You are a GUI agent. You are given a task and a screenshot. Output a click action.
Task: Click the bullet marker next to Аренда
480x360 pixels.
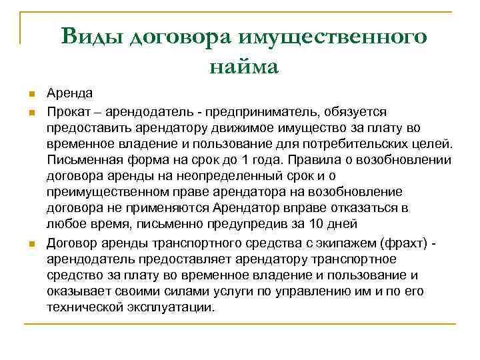tap(31, 93)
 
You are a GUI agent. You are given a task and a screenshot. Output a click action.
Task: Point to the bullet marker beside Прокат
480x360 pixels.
tap(31, 110)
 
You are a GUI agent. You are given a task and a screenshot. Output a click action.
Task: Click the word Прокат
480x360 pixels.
tap(68, 110)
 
